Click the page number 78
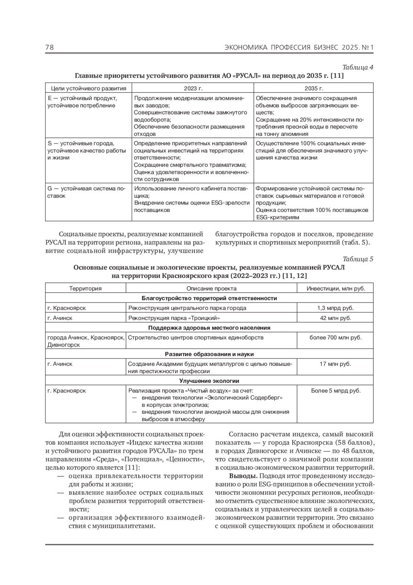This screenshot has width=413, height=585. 50,47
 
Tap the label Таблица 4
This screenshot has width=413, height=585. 358,67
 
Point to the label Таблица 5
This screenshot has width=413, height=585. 358,259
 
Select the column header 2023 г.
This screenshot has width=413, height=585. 193,88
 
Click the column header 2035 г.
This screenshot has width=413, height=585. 314,88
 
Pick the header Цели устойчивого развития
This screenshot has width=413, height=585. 88,88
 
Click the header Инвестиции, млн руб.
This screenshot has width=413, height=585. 336,288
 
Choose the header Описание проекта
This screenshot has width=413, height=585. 211,288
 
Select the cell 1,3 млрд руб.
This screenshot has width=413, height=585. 336,308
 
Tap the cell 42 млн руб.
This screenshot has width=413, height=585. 336,318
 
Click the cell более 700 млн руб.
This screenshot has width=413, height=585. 336,337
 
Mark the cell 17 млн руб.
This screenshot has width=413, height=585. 336,364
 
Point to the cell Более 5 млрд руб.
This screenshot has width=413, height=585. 336,391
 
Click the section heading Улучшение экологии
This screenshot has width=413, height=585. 209,381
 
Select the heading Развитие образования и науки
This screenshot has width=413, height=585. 209,354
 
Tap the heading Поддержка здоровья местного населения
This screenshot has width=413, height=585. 209,327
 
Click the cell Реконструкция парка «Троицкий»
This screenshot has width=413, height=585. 174,318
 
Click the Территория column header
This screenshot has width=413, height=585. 85,288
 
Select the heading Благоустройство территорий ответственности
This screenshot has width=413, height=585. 209,298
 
